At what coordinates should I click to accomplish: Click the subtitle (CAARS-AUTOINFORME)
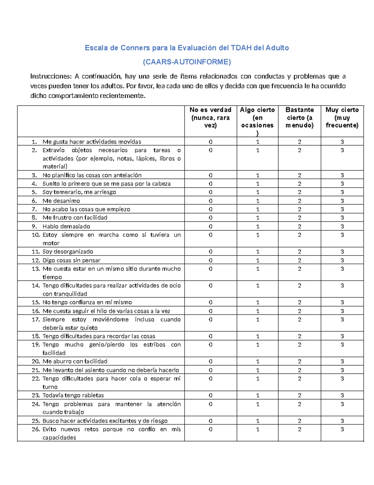187,62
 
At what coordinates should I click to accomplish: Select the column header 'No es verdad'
210,117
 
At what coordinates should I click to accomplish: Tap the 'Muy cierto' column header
342,117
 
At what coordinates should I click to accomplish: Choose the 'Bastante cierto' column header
299,117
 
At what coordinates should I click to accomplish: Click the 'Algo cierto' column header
257,121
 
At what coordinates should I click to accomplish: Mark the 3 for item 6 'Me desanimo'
342,201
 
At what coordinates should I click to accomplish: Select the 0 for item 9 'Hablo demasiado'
210,226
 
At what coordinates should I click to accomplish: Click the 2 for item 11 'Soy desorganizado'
299,252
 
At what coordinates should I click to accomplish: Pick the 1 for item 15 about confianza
257,302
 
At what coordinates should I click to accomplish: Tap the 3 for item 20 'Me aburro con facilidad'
342,361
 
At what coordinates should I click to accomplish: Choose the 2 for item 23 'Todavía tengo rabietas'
299,395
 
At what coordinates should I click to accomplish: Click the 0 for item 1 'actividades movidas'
210,142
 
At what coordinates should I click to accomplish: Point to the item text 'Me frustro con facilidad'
75,218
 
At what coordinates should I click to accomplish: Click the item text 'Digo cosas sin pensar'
71,260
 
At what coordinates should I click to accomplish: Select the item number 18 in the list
36,336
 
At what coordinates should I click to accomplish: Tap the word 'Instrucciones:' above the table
51,77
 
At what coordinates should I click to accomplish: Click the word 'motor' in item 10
51,243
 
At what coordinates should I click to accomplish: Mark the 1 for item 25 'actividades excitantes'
257,421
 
